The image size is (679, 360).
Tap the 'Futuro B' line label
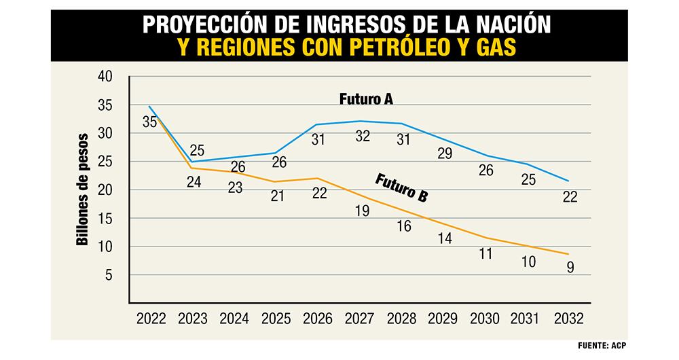tap(401, 187)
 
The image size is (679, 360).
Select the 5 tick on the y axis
tap(108, 275)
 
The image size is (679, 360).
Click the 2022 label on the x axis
tap(151, 318)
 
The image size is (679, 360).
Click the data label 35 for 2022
tap(150, 122)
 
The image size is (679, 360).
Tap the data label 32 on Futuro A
tap(362, 137)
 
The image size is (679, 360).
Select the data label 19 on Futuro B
tap(362, 211)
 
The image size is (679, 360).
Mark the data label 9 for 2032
tap(570, 267)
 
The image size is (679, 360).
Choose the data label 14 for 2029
tap(445, 238)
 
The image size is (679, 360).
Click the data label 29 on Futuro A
tap(445, 154)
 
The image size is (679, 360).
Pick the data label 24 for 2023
tap(193, 182)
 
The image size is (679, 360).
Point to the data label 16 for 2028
tap(404, 227)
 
